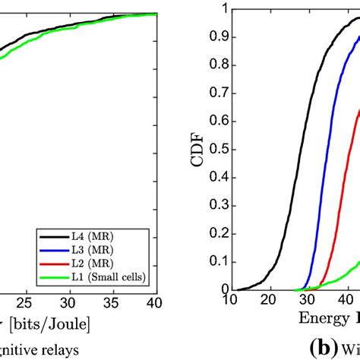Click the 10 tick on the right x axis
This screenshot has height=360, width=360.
(250, 301)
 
